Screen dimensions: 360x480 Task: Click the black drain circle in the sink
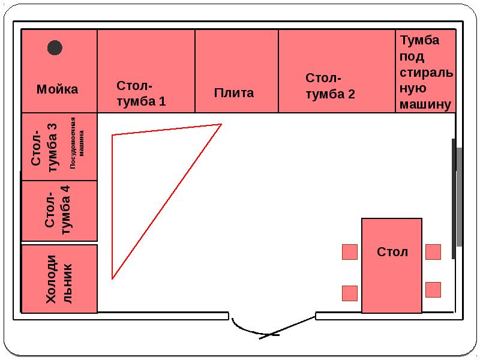coord(55,48)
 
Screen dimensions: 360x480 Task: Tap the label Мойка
coord(58,89)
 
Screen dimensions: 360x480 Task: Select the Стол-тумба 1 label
coord(142,94)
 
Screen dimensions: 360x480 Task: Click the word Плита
coord(234,93)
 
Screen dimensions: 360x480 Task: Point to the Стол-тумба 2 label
coord(330,86)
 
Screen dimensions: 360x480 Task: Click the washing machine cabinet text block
coord(425,72)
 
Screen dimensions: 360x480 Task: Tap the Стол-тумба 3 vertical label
coord(44,146)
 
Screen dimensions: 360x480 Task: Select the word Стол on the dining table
coord(392,251)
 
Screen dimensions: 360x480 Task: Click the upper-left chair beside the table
coord(350,252)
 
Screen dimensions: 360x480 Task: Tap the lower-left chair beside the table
coord(350,293)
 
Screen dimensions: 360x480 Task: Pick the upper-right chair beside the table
coord(433,251)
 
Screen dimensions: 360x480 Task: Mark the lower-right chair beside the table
coord(433,290)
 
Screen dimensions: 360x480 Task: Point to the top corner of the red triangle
coord(221,125)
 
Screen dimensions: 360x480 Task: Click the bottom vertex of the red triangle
coord(112,278)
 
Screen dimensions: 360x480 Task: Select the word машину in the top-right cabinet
coord(424,104)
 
